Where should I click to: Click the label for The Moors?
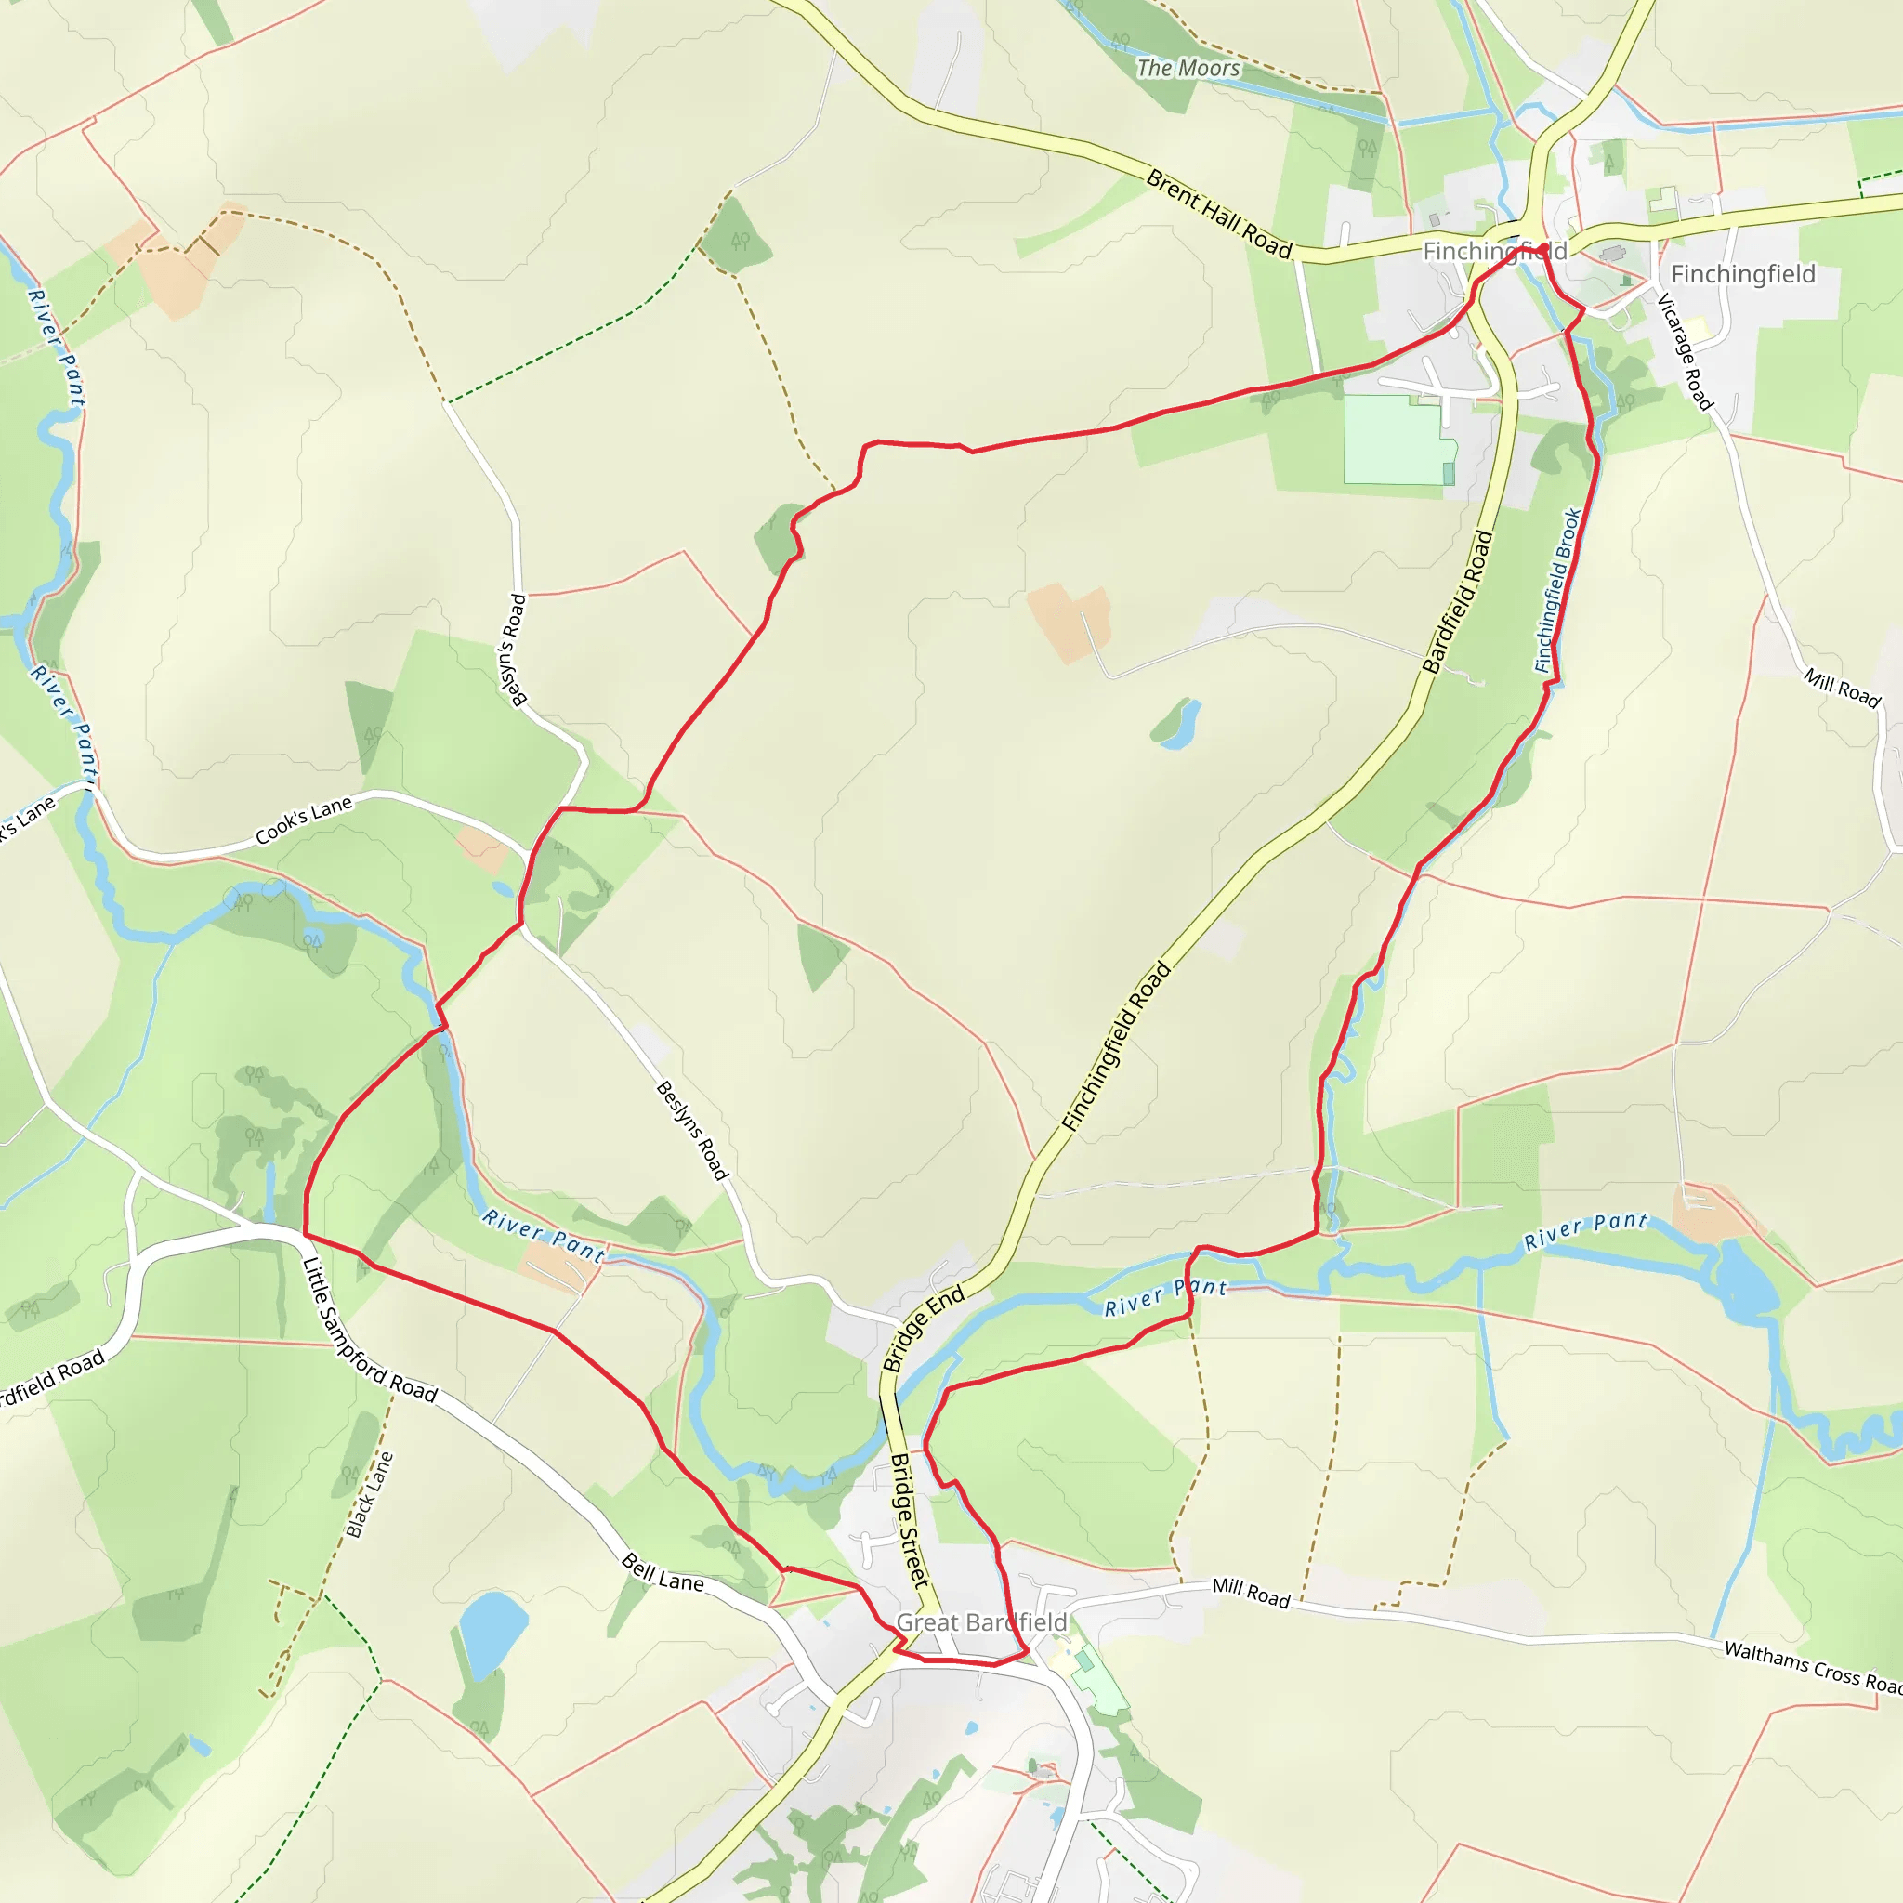[x=1188, y=68]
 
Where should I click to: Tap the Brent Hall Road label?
[x=1218, y=214]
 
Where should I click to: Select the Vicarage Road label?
[x=1686, y=351]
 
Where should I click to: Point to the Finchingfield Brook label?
[x=1558, y=590]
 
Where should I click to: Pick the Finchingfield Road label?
[x=1117, y=1046]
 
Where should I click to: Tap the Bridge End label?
[x=923, y=1330]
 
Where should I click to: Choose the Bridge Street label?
[x=909, y=1520]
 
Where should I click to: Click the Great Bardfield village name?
[x=981, y=1622]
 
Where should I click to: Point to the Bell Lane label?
[x=663, y=1573]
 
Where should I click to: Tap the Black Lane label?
[x=370, y=1495]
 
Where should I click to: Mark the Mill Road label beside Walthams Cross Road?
[x=1251, y=1593]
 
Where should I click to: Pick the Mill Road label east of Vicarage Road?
[x=1842, y=688]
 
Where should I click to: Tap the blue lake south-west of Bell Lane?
[x=492, y=1632]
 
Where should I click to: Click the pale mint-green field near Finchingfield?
[x=1397, y=440]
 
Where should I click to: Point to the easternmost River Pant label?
[x=1585, y=1231]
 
